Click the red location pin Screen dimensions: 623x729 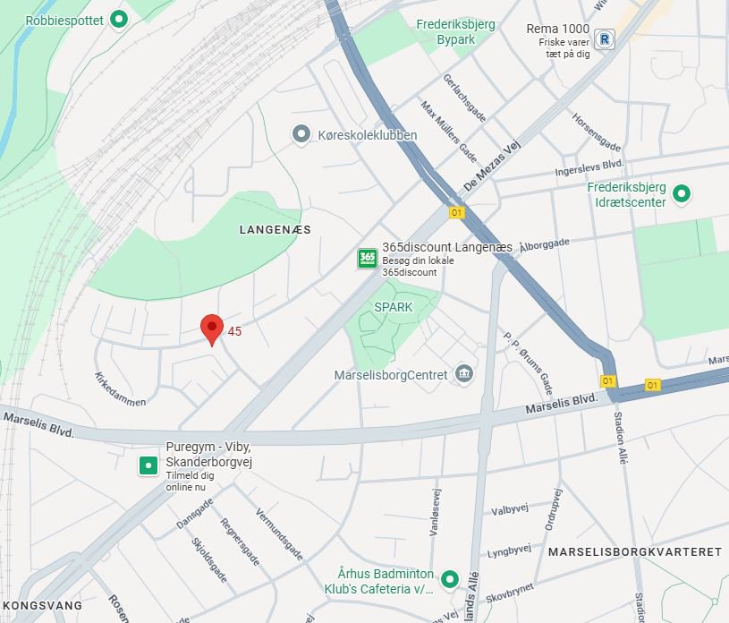[x=211, y=329]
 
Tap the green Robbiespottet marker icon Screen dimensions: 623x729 [x=117, y=20]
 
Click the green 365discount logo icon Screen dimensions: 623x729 [x=367, y=259]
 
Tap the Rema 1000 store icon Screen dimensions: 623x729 [x=606, y=39]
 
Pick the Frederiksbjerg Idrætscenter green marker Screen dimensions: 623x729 [x=682, y=193]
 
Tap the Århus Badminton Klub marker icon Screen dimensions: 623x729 [x=450, y=579]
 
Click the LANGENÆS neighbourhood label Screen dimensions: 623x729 [x=275, y=230]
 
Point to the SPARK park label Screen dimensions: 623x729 [x=394, y=307]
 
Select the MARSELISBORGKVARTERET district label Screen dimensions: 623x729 [x=635, y=551]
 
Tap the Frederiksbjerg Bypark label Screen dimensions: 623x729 [x=455, y=32]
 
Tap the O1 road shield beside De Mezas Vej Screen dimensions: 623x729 [x=457, y=212]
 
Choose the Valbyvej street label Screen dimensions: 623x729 [x=511, y=510]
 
